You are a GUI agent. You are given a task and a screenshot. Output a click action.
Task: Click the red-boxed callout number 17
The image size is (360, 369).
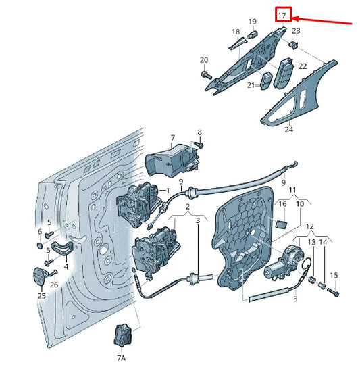tap(282, 16)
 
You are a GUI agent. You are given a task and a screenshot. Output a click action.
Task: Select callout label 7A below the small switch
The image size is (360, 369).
tap(122, 358)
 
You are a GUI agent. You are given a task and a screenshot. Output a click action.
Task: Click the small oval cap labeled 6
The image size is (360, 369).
tap(40, 246)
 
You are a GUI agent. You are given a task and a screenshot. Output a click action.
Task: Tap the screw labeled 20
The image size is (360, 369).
tap(206, 75)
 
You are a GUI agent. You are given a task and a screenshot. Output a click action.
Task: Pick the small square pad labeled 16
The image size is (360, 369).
tap(281, 224)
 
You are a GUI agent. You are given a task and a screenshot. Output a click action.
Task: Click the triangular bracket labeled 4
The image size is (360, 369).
tap(62, 249)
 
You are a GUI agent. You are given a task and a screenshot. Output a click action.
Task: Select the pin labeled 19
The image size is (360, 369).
tap(252, 34)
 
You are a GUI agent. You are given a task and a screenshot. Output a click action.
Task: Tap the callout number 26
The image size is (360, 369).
tap(54, 285)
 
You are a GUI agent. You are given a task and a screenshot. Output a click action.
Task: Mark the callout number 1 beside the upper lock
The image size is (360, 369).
tap(168, 190)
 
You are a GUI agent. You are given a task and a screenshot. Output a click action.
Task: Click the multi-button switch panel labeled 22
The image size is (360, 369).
tap(282, 74)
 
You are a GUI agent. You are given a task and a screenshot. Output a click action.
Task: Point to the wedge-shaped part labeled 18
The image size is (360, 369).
tap(238, 44)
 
